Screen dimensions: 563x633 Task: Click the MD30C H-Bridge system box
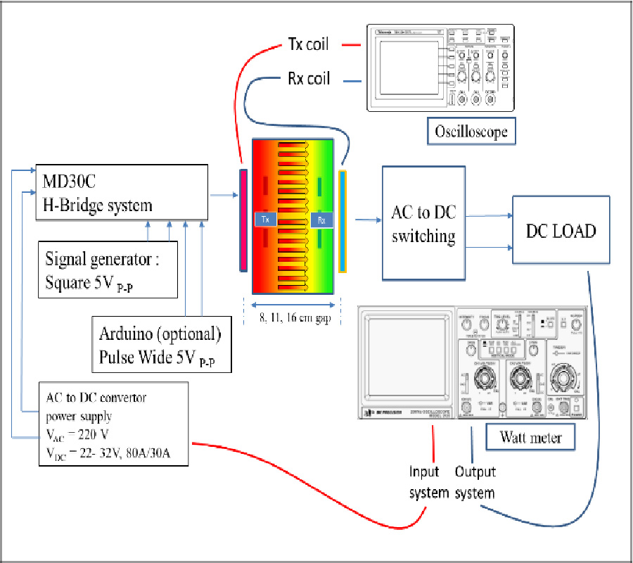pyautogui.click(x=124, y=193)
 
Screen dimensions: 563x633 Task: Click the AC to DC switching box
pyautogui.click(x=423, y=224)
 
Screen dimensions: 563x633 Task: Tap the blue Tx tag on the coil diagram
pyautogui.click(x=265, y=220)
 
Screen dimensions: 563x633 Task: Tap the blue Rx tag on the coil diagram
pyautogui.click(x=321, y=220)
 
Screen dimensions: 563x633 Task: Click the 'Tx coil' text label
pyautogui.click(x=309, y=44)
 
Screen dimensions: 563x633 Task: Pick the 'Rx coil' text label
pyautogui.click(x=309, y=79)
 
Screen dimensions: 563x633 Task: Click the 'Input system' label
pyautogui.click(x=428, y=482)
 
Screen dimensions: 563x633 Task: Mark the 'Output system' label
pyautogui.click(x=475, y=482)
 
